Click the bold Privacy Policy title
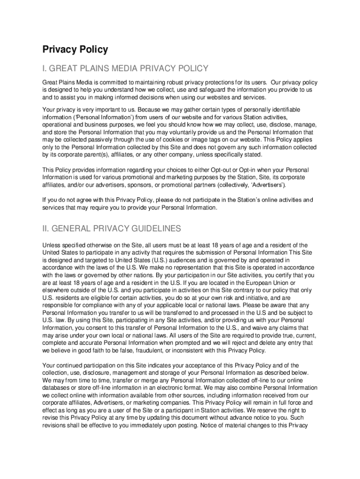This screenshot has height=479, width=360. point(75,50)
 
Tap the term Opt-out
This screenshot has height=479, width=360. point(222,170)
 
